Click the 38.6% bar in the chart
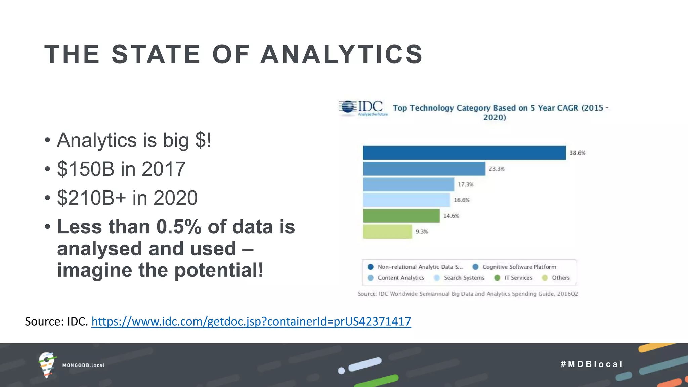tap(464, 153)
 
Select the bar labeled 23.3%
tap(424, 169)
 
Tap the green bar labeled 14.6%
tap(401, 216)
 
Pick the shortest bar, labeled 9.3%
tap(387, 232)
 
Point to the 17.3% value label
tap(465, 184)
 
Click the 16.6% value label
tap(461, 200)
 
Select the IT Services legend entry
tap(514, 278)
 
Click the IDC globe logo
tap(348, 107)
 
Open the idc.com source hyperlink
tap(251, 321)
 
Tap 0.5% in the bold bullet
tap(179, 227)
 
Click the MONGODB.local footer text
tap(83, 365)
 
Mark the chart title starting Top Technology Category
tap(500, 112)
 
